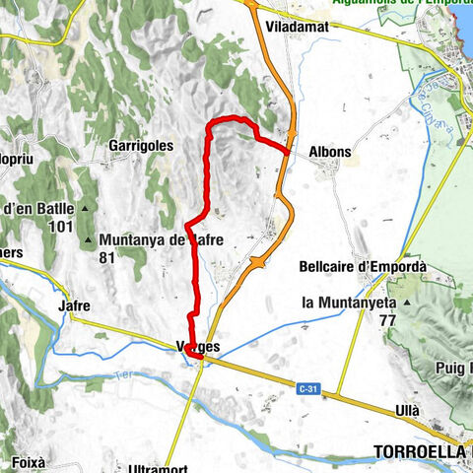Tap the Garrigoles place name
[x=141, y=145]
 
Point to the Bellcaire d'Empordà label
[x=362, y=266]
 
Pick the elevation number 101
[x=62, y=227]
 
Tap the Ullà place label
[x=406, y=410]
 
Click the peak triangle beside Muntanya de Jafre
[x=91, y=240]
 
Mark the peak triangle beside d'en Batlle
[x=87, y=209]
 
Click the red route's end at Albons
[x=287, y=152]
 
